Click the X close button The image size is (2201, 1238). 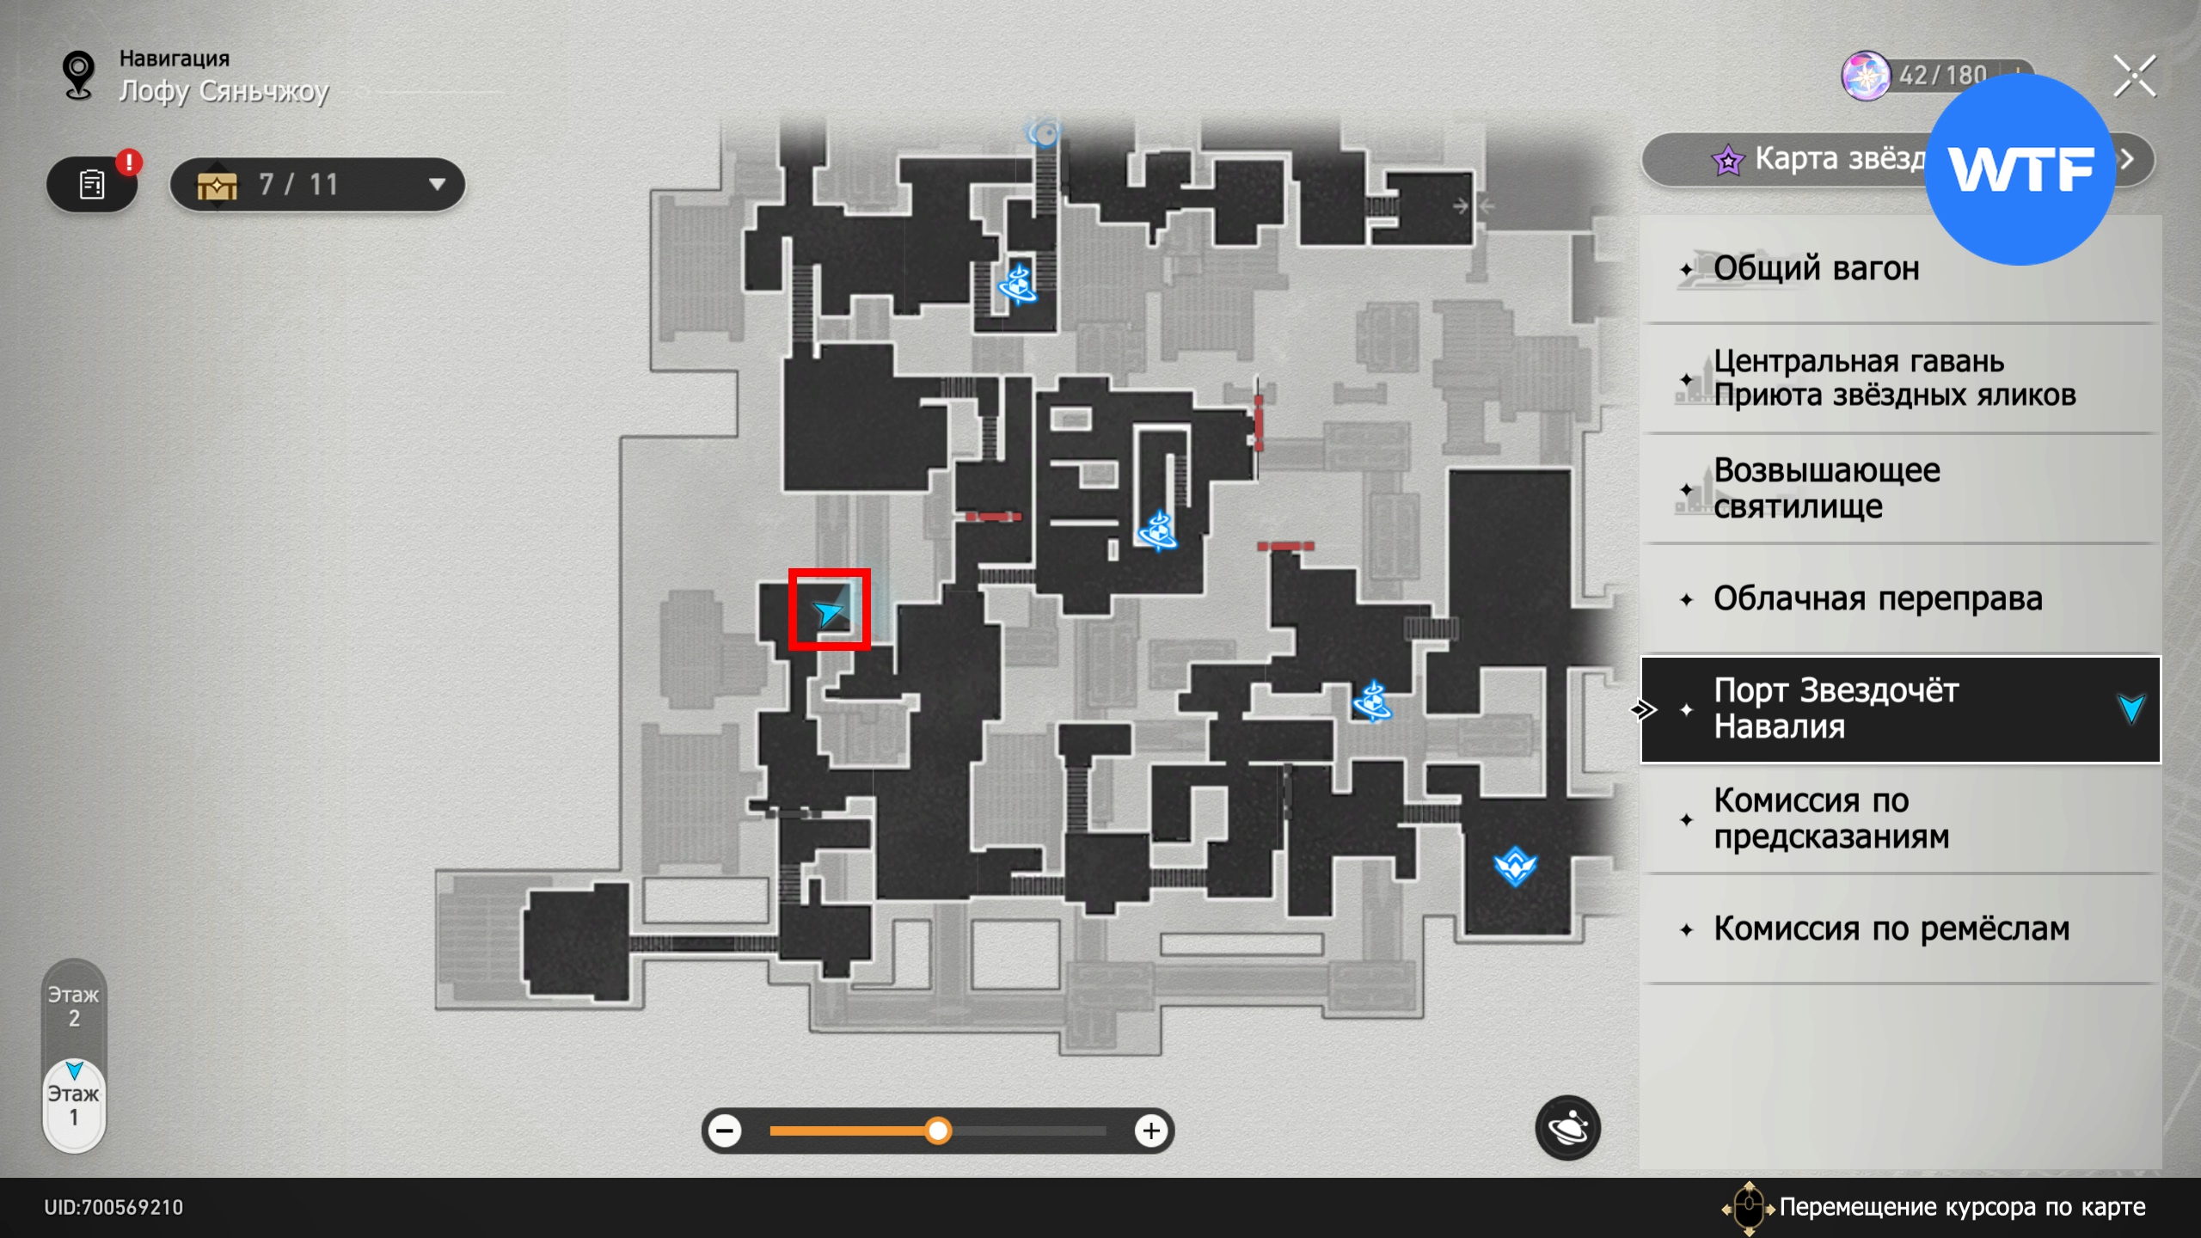[x=2134, y=77]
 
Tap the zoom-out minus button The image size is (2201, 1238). [x=726, y=1130]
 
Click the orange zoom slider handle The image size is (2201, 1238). [x=938, y=1130]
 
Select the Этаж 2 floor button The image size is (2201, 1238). [x=74, y=1007]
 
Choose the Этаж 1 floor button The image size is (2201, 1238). [x=74, y=1106]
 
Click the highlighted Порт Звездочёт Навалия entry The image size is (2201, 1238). [x=1900, y=709]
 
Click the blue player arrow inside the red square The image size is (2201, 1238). [x=828, y=612]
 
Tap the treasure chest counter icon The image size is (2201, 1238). [x=217, y=185]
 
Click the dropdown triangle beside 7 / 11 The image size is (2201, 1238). [x=437, y=184]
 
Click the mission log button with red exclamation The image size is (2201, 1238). [x=92, y=184]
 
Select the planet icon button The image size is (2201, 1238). [x=1567, y=1127]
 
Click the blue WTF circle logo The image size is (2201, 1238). [x=2020, y=169]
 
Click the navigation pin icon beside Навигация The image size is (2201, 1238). [x=79, y=75]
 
